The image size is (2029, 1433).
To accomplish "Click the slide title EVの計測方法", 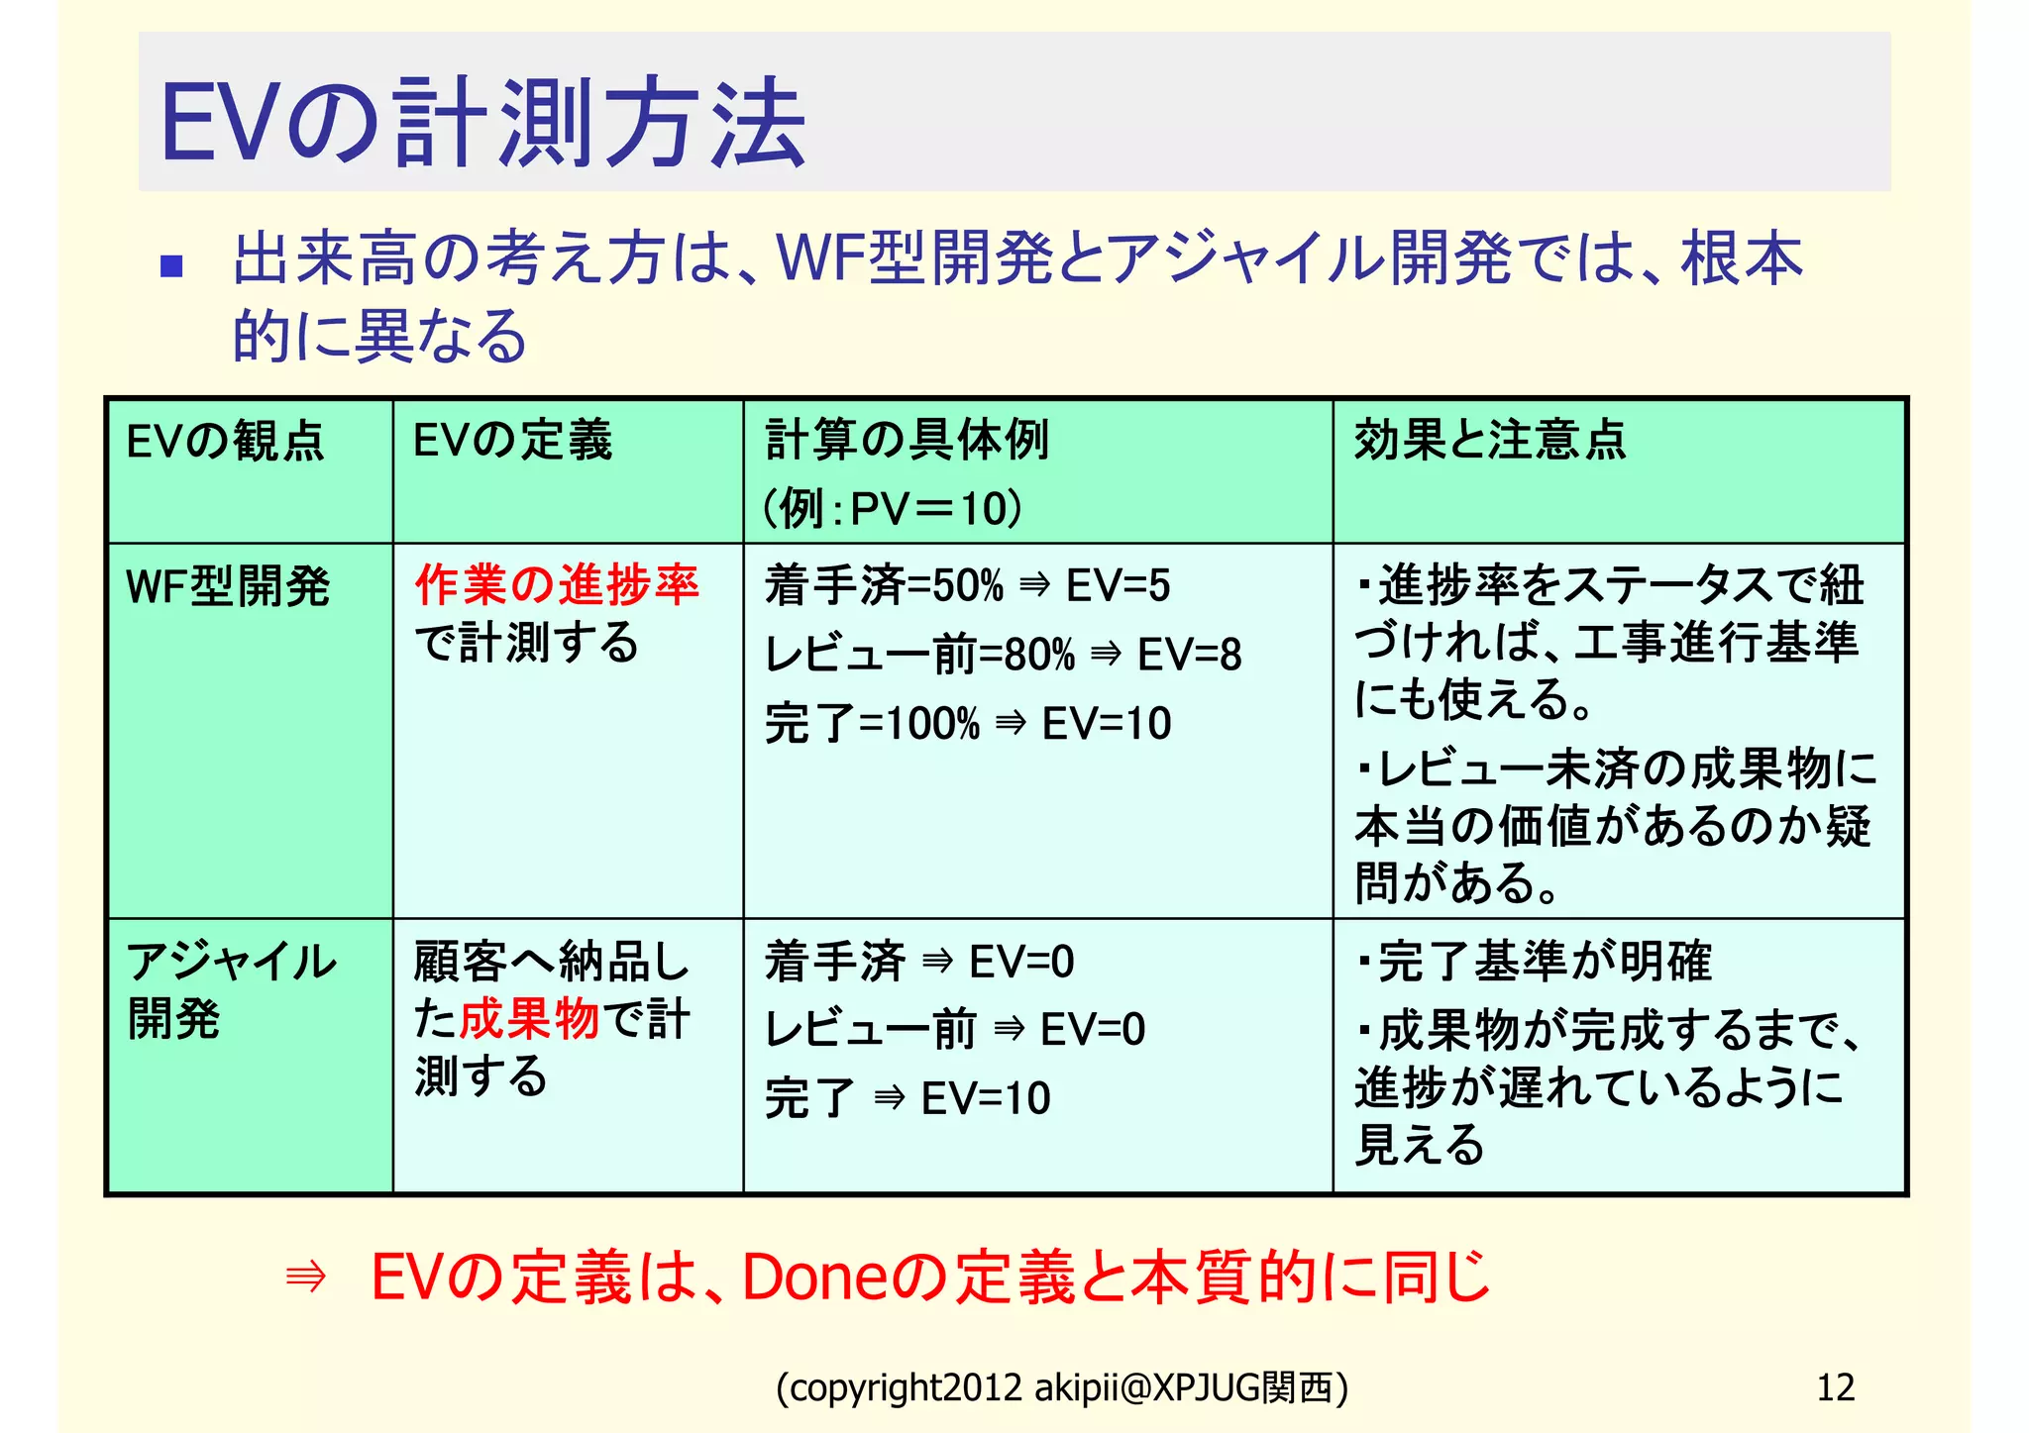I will point(482,123).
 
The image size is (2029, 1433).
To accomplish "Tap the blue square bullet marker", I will point(171,265).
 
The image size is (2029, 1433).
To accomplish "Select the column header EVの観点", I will point(225,441).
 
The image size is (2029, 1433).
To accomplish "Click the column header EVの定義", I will point(512,441).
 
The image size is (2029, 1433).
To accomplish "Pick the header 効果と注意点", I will point(1489,441).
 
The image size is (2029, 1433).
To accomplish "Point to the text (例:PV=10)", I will point(892,509).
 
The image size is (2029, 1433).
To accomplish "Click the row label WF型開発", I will point(228,586).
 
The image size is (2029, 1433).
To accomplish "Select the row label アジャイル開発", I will point(231,989).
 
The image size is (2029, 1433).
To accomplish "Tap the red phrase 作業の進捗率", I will point(557,584).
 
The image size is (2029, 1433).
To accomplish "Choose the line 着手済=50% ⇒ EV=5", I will point(967,585).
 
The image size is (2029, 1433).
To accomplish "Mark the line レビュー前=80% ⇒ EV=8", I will point(1003,655).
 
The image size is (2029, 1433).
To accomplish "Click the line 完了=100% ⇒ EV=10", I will point(968,724).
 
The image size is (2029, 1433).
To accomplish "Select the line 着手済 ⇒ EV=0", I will point(919,962).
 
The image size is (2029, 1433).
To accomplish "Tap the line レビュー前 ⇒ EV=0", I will point(955,1030).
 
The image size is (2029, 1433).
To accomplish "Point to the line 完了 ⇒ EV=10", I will point(908,1098).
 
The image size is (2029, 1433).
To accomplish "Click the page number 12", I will point(1835,1387).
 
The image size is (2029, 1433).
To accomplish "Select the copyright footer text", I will point(1061,1388).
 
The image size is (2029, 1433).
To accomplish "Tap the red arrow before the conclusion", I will point(305,1278).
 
